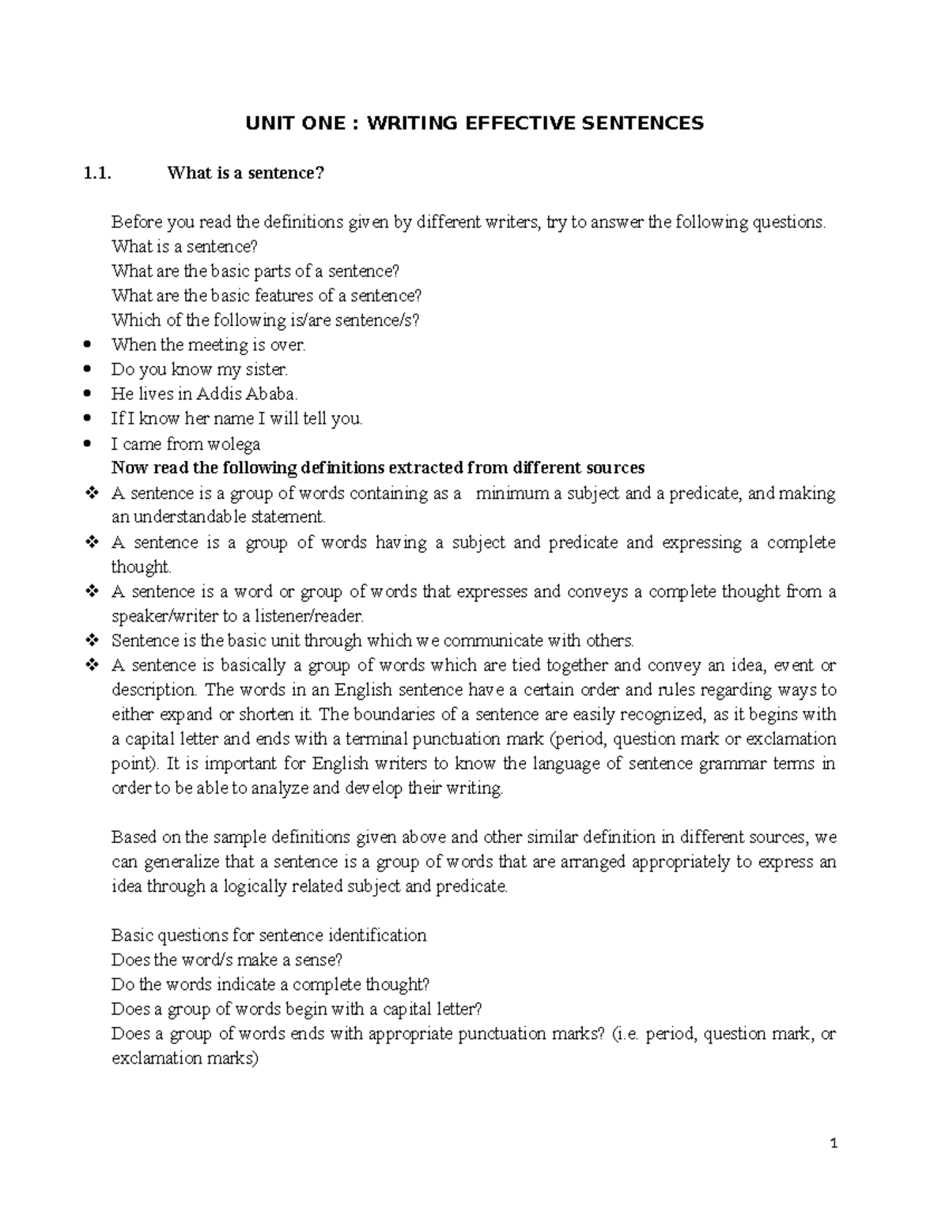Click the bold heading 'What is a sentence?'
coord(246,173)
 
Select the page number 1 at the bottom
coord(834,1143)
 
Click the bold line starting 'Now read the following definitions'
coord(378,468)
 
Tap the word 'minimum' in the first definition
coord(511,493)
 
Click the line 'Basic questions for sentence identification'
coord(269,935)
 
